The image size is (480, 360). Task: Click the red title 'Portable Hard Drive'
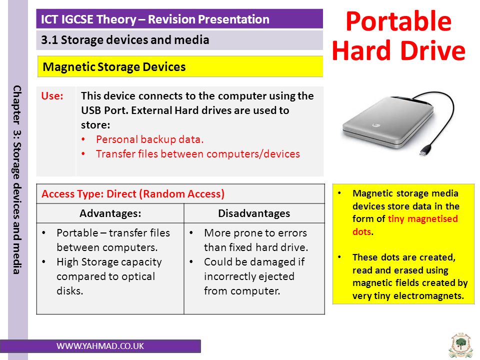coord(398,35)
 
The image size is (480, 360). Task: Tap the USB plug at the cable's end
coord(425,151)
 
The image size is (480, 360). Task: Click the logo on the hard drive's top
coord(376,125)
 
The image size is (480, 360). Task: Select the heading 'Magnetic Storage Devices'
coord(114,66)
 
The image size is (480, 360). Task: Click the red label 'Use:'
coord(52,96)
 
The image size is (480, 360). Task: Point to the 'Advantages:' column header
coord(110,213)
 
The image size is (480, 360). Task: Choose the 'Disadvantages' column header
coord(254,213)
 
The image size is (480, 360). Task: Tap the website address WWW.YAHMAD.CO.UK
coord(100,346)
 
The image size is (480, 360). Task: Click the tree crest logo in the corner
coord(460,345)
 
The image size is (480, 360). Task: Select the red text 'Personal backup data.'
coord(149,139)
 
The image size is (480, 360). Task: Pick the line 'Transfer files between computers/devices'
coord(198,153)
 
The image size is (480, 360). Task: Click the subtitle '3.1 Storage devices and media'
coord(125,40)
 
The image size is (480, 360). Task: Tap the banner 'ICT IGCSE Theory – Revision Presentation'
coord(155,19)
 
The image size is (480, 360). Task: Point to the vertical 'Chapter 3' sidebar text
coord(17,179)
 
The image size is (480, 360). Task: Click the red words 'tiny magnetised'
coord(423,218)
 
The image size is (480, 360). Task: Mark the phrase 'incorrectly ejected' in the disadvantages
coord(249,276)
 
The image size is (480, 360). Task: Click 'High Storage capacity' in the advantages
coord(109,262)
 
